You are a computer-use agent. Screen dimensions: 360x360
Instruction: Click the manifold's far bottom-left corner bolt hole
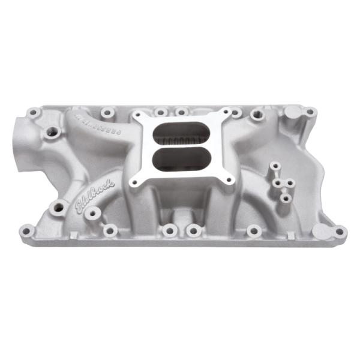click(x=27, y=229)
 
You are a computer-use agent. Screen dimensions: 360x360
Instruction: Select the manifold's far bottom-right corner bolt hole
click(x=339, y=231)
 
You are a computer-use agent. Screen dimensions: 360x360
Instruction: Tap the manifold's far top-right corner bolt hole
click(x=310, y=112)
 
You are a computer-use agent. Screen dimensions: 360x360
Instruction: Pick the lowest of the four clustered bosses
click(x=286, y=197)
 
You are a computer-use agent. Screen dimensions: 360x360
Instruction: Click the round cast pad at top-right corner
click(x=292, y=113)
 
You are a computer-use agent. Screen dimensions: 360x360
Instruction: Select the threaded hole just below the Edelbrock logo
click(x=58, y=208)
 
